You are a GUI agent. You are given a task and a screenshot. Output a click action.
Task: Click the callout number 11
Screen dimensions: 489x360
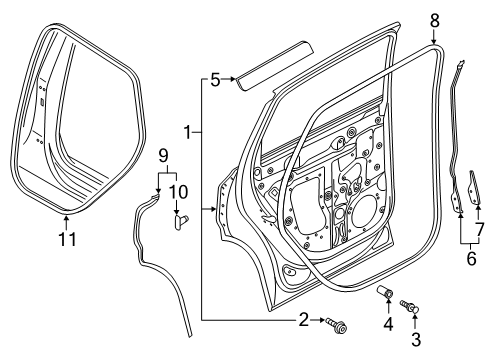(x=67, y=239)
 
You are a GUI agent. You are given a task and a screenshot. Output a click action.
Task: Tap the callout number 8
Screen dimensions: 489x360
(x=434, y=21)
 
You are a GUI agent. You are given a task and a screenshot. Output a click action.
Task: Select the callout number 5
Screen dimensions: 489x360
(x=215, y=80)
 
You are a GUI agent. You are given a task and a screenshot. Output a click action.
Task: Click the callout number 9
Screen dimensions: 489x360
(x=163, y=156)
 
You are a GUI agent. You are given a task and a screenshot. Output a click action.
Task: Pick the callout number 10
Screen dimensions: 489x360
(x=178, y=192)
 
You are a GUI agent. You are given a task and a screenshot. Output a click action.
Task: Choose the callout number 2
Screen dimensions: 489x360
(x=303, y=320)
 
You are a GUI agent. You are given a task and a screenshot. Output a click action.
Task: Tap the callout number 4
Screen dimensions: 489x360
(x=388, y=324)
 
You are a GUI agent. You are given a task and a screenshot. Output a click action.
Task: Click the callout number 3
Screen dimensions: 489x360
(x=416, y=339)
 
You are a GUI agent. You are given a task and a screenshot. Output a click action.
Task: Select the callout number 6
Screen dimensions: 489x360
(x=471, y=258)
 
